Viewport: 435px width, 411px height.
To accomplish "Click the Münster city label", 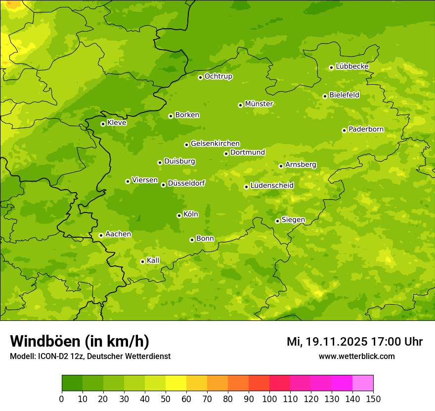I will point(259,104).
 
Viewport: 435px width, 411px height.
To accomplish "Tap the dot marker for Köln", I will point(179,215).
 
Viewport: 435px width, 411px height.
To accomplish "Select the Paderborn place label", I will point(366,130).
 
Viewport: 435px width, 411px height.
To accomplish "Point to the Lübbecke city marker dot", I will point(331,67).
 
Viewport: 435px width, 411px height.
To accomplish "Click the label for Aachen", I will point(118,234).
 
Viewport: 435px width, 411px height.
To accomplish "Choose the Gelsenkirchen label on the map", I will point(215,144).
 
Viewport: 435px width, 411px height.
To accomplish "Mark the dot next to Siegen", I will point(277,221).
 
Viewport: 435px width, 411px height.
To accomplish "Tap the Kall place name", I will point(153,260).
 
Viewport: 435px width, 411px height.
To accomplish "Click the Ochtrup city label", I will point(218,77).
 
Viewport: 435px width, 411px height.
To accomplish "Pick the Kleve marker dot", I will point(103,124).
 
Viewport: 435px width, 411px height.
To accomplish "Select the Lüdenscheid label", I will point(272,186).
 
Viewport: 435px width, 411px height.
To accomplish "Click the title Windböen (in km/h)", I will point(79,341).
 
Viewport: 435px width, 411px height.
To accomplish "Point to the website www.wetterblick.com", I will point(356,356).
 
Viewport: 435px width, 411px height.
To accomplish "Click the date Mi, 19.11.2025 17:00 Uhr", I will point(354,342).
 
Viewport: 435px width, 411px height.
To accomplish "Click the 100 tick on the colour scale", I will point(269,399).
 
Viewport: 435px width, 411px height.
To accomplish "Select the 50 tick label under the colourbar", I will point(166,399).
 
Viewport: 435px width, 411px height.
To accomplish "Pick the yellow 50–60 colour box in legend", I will point(176,383).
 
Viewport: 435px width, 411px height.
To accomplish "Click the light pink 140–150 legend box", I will point(363,383).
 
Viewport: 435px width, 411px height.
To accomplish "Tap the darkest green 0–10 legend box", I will point(72,383).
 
